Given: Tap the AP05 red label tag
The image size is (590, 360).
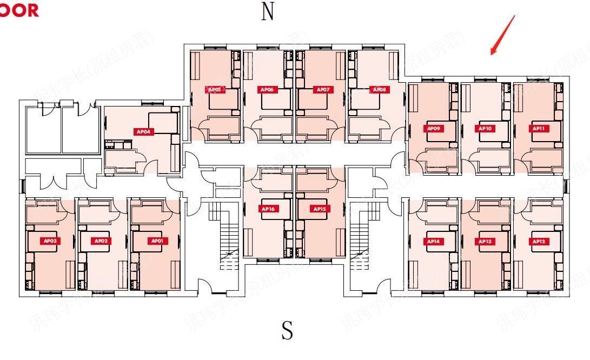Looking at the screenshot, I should coord(215,90).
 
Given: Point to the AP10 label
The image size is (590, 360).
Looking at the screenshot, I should coord(485,129).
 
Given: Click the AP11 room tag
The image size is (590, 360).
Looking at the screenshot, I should coord(538,129).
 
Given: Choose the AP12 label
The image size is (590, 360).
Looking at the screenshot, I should coord(538,241).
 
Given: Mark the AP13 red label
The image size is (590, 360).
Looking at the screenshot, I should coord(485,241).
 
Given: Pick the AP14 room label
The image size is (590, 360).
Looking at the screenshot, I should coord(433,241).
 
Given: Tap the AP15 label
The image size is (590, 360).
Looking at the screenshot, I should coord(318,209).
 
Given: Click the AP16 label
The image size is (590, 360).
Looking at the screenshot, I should coord(269,209).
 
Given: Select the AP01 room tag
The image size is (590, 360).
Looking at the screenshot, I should coord(157,241).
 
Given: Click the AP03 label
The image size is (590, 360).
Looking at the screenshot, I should coord(50,241).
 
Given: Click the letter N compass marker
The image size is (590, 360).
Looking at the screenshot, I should coord(268,11).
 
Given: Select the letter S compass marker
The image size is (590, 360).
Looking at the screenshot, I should coord(287,330).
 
